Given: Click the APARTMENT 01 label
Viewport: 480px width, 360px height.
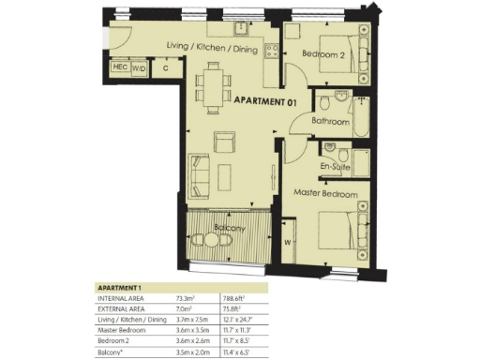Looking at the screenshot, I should click(265, 101).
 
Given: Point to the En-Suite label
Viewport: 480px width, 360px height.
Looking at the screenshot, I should click(336, 166).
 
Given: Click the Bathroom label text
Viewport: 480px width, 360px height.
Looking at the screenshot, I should click(331, 122).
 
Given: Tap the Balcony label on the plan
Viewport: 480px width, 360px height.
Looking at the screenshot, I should click(230, 229).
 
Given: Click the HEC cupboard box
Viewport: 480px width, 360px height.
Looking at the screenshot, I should click(120, 67).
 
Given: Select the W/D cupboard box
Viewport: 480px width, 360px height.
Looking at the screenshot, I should click(139, 67).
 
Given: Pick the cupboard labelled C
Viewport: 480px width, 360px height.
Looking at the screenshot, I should click(165, 67).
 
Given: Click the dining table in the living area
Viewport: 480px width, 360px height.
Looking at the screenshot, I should click(216, 82).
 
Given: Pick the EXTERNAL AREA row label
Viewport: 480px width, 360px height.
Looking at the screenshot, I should click(125, 308).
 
